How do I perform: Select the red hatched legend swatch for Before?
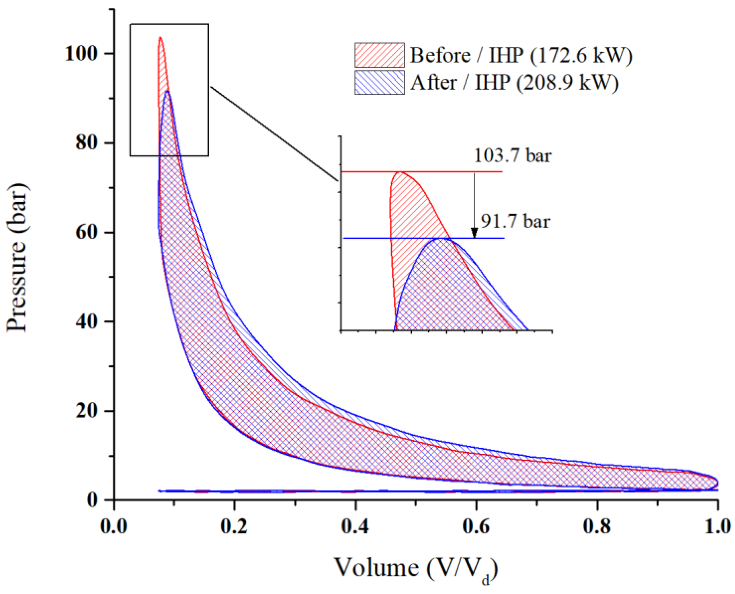pos(379,55)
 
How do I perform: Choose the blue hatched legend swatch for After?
pos(379,82)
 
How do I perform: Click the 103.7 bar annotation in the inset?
pos(513,156)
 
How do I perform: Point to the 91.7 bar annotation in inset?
pos(515,221)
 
